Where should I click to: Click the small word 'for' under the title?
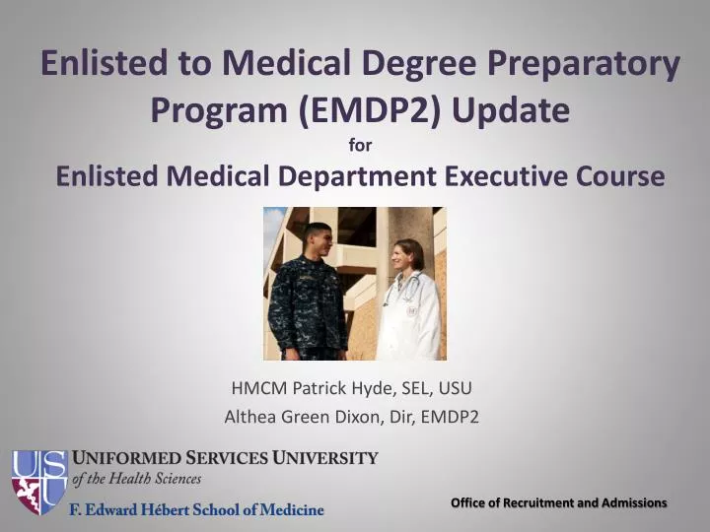pyautogui.click(x=361, y=147)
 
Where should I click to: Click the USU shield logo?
pyautogui.click(x=38, y=482)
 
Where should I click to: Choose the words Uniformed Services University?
pyautogui.click(x=225, y=459)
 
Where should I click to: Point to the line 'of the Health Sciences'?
pyautogui.click(x=137, y=479)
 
